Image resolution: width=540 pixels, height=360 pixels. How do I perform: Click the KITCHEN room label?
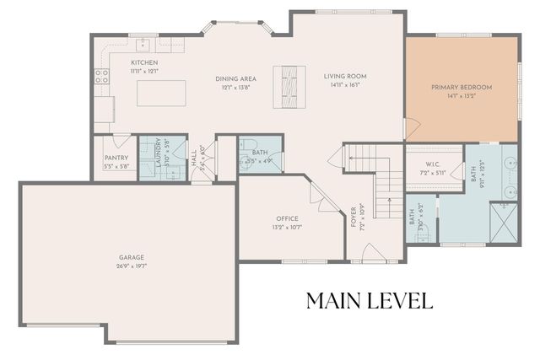[144, 63]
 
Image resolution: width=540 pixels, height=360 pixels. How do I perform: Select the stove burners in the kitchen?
[101, 78]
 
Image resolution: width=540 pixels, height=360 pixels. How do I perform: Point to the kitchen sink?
[143, 41]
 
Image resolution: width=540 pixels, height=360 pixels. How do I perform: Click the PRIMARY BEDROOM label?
[462, 87]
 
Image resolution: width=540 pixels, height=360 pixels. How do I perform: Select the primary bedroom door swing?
[411, 128]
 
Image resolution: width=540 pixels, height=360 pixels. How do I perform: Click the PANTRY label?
[116, 158]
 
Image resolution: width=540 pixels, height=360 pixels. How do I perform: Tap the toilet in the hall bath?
[246, 162]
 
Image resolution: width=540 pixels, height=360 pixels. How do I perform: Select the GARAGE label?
[131, 257]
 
